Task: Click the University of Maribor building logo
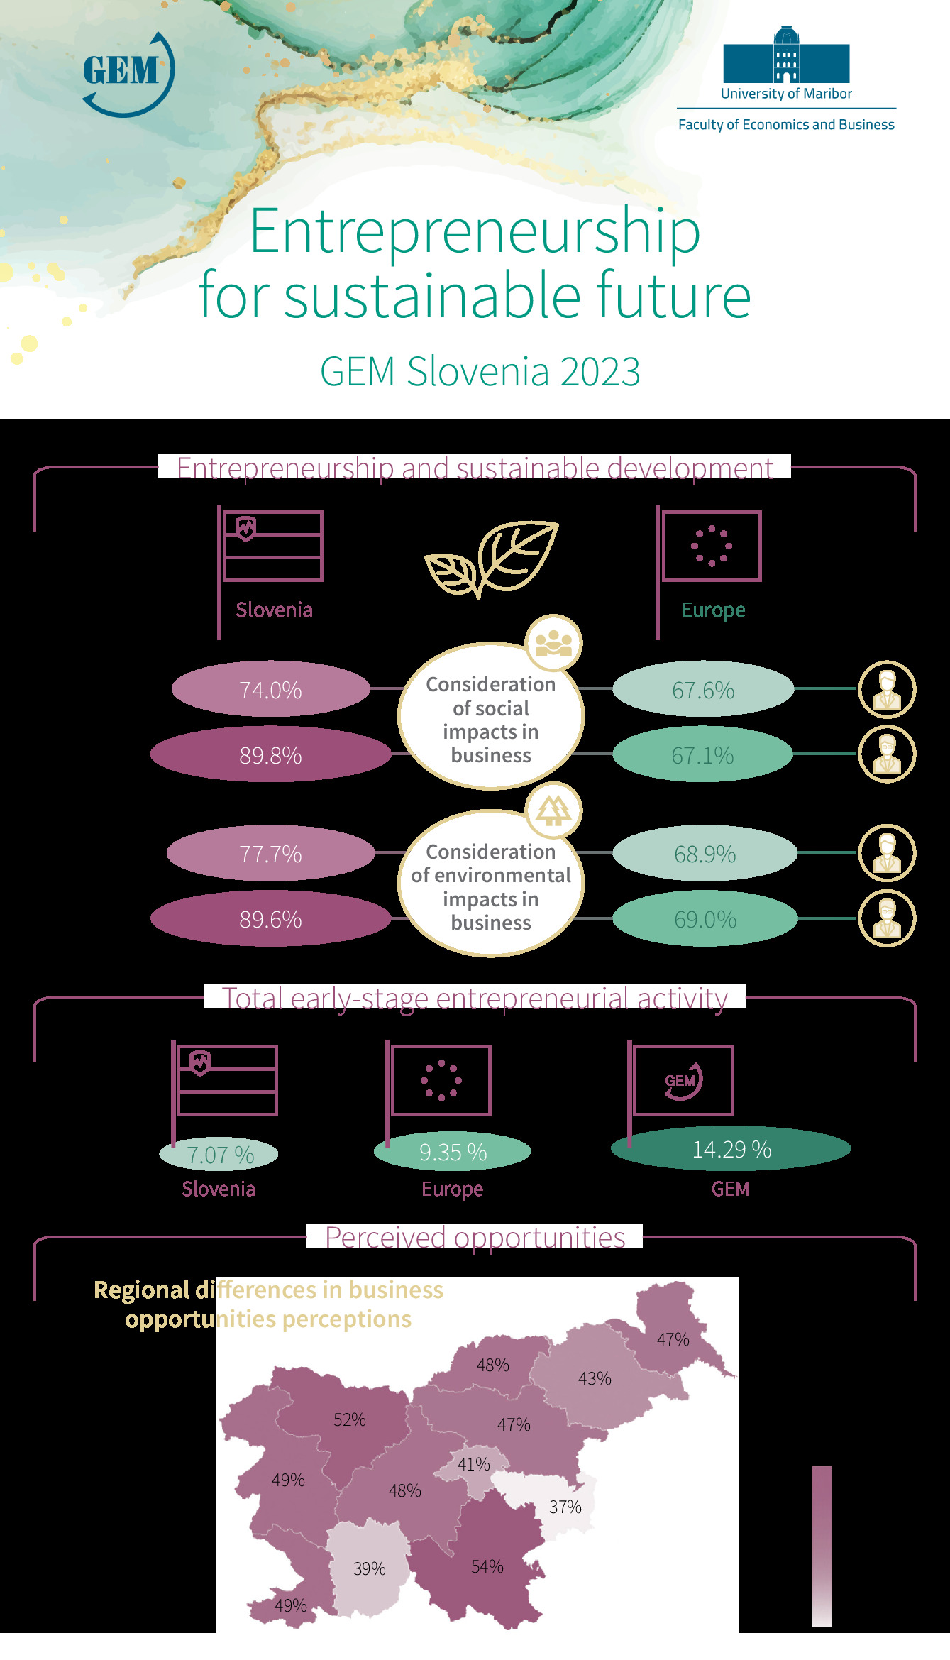click(x=786, y=55)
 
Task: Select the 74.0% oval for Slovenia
click(x=270, y=689)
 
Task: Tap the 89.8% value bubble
click(x=270, y=754)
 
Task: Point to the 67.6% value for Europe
click(x=703, y=689)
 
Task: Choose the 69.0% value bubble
click(x=705, y=919)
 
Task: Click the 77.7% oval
click(x=270, y=853)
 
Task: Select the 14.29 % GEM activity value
click(x=731, y=1149)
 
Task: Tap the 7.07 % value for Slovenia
click(x=220, y=1155)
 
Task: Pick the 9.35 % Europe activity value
click(x=453, y=1152)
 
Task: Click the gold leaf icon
click(x=492, y=559)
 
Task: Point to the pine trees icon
click(x=553, y=810)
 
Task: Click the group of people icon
click(x=553, y=643)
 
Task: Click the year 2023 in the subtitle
click(x=600, y=371)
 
